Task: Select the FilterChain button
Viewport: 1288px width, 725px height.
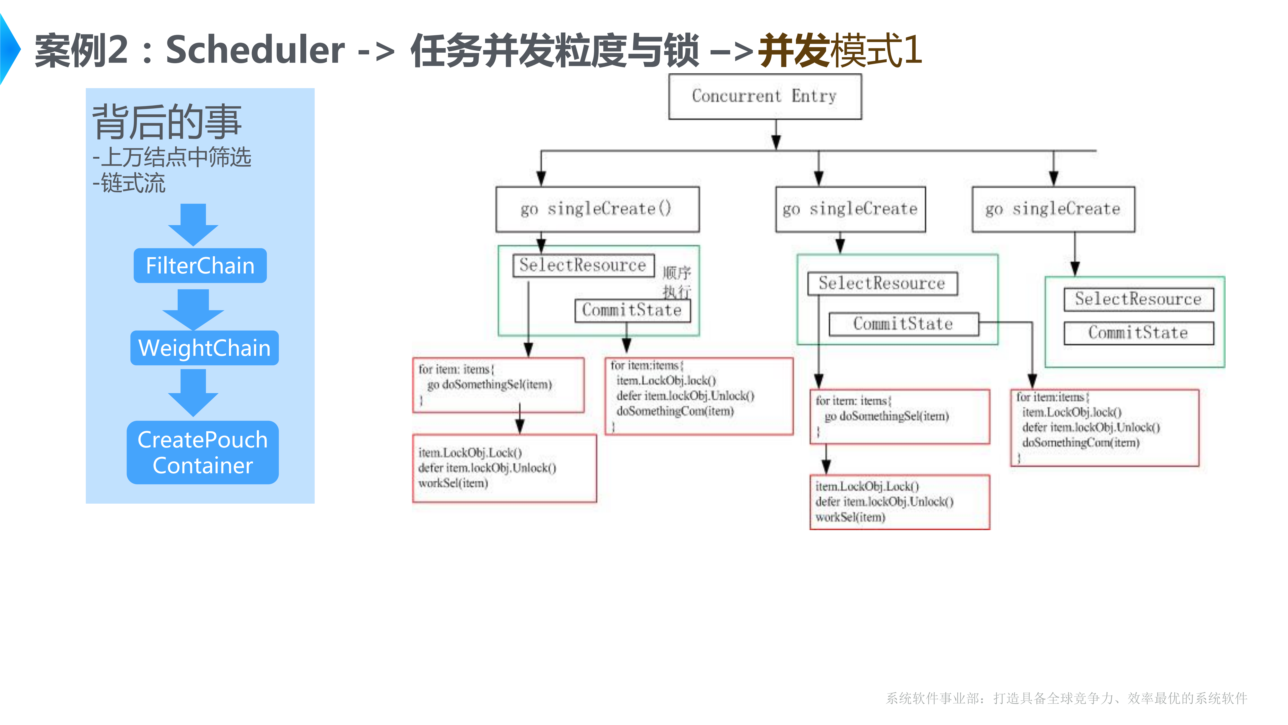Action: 200,266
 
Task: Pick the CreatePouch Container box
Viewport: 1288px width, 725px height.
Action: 203,452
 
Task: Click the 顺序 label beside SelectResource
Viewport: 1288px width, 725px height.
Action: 677,273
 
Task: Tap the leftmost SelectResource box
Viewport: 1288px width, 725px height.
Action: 583,265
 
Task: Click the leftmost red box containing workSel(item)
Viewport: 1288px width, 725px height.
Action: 504,468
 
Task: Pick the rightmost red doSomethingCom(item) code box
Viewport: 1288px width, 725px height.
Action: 1105,428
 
